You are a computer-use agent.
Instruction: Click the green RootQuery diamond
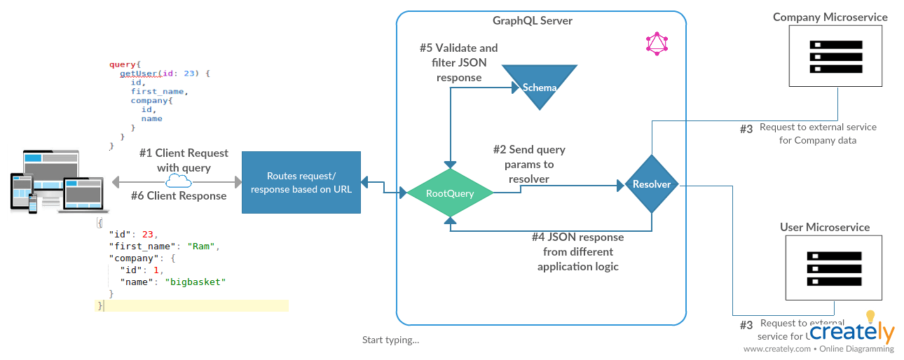pyautogui.click(x=450, y=193)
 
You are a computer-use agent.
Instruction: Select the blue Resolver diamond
pyautogui.click(x=652, y=184)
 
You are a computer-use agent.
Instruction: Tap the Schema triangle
pyautogui.click(x=539, y=86)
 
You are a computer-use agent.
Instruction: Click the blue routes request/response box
pyautogui.click(x=301, y=182)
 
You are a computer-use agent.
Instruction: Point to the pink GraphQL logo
pyautogui.click(x=657, y=44)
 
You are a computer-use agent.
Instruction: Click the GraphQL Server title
pyautogui.click(x=533, y=20)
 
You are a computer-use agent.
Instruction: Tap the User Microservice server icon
pyautogui.click(x=834, y=268)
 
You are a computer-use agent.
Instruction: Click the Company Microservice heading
pyautogui.click(x=830, y=17)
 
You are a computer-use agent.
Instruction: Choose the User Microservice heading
pyautogui.click(x=825, y=228)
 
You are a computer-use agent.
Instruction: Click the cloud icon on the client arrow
pyautogui.click(x=179, y=181)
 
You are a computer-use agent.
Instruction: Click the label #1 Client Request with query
pyautogui.click(x=184, y=160)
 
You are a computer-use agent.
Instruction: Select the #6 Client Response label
pyautogui.click(x=179, y=196)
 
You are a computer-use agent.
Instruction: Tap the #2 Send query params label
pyautogui.click(x=528, y=164)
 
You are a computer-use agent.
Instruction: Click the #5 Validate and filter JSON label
pyautogui.click(x=459, y=62)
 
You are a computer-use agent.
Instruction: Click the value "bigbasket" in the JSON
pyautogui.click(x=196, y=282)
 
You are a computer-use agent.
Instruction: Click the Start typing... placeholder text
pyautogui.click(x=390, y=340)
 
